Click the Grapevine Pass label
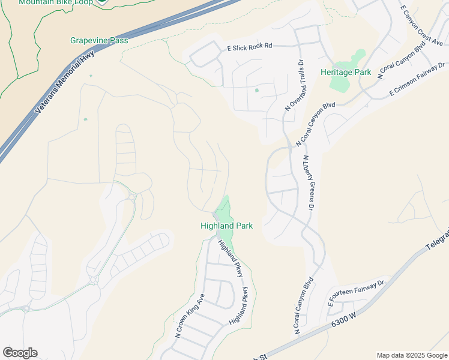tap(99, 41)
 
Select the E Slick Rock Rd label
tap(249, 46)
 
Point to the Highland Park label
tap(226, 226)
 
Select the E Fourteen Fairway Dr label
tap(355, 292)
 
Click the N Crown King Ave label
tap(190, 316)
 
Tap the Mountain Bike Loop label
tap(55, 2)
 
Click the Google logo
tap(20, 353)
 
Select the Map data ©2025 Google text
tap(411, 355)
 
